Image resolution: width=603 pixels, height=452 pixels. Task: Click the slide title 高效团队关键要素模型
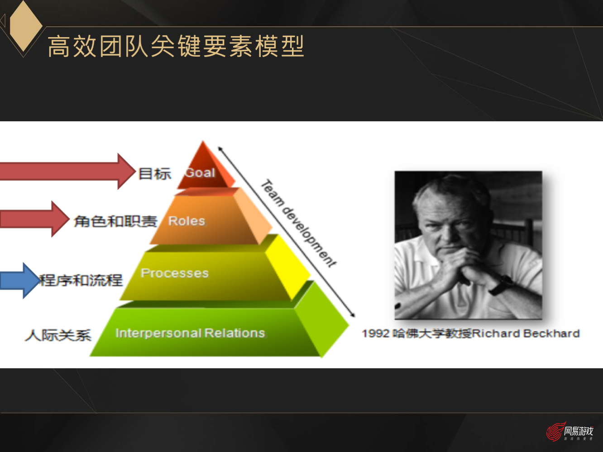click(176, 46)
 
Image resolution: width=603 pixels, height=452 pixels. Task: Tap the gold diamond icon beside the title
click(25, 26)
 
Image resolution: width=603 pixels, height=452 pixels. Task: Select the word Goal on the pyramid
click(200, 173)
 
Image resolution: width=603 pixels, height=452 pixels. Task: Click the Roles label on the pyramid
click(187, 221)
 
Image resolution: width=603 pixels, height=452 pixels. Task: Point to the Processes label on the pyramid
click(175, 273)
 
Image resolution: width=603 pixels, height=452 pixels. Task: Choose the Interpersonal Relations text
click(190, 333)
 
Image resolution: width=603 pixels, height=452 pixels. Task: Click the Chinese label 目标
click(154, 174)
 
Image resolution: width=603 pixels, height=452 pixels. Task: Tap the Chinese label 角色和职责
click(115, 221)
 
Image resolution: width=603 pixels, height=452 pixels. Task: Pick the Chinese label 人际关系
click(58, 335)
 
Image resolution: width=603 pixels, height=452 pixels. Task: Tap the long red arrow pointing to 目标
click(68, 171)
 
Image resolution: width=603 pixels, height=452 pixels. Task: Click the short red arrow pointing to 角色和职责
click(34, 219)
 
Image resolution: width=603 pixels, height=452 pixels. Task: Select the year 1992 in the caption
click(375, 334)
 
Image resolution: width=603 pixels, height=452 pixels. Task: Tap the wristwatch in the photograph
click(502, 284)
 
